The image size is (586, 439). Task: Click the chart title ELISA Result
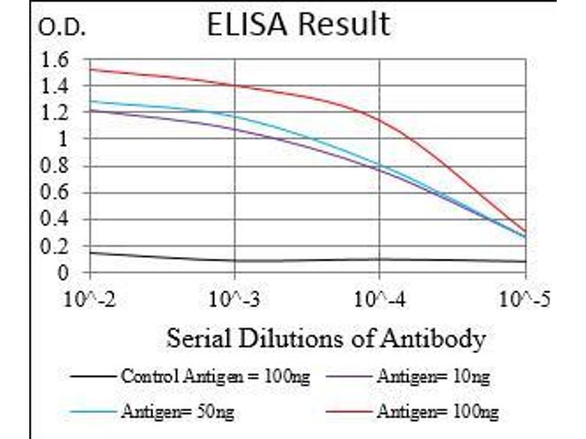pos(298,25)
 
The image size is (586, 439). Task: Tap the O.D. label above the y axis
pos(62,29)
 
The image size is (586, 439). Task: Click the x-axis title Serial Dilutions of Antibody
pos(325,339)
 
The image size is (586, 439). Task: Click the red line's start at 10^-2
pos(90,70)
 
